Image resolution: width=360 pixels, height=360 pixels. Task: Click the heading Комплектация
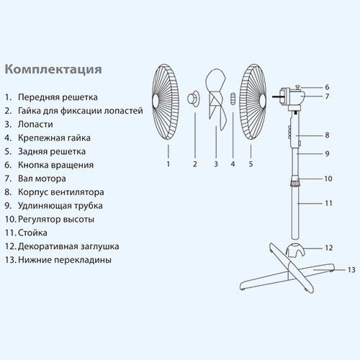pyautogui.click(x=53, y=70)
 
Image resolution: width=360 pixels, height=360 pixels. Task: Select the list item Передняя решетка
pyautogui.click(x=58, y=97)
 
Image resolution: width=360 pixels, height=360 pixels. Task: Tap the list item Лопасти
pyautogui.click(x=35, y=125)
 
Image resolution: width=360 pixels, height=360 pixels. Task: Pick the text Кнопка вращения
pyautogui.click(x=55, y=165)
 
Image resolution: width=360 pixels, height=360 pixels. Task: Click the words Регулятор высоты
pyautogui.click(x=56, y=220)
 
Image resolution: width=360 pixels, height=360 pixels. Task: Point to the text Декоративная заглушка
pyautogui.click(x=68, y=246)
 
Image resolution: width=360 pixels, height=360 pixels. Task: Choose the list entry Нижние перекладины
pyautogui.click(x=65, y=260)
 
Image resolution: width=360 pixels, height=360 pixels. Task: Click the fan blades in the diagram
pyautogui.click(x=216, y=99)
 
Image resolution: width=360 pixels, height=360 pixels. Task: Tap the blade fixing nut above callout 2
pyautogui.click(x=193, y=99)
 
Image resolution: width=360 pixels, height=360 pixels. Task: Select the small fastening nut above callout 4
pyautogui.click(x=233, y=99)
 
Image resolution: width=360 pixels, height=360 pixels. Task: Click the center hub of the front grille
pyautogui.click(x=156, y=99)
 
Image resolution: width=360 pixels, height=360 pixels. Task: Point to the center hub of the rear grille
pyautogui.click(x=263, y=99)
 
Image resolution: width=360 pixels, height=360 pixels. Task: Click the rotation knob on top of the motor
pyautogui.click(x=298, y=86)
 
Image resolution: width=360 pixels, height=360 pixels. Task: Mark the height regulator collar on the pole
pyautogui.click(x=296, y=181)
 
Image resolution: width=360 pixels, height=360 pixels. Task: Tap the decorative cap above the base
pyautogui.click(x=295, y=250)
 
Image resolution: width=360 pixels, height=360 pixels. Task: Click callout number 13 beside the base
pyautogui.click(x=351, y=270)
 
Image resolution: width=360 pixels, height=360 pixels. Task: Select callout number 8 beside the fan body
pyautogui.click(x=327, y=135)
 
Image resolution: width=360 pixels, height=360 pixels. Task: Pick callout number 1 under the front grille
pyautogui.click(x=168, y=164)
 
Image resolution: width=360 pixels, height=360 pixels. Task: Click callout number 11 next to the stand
pyautogui.click(x=328, y=203)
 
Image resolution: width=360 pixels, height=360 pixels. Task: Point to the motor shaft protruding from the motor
pyautogui.click(x=276, y=96)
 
